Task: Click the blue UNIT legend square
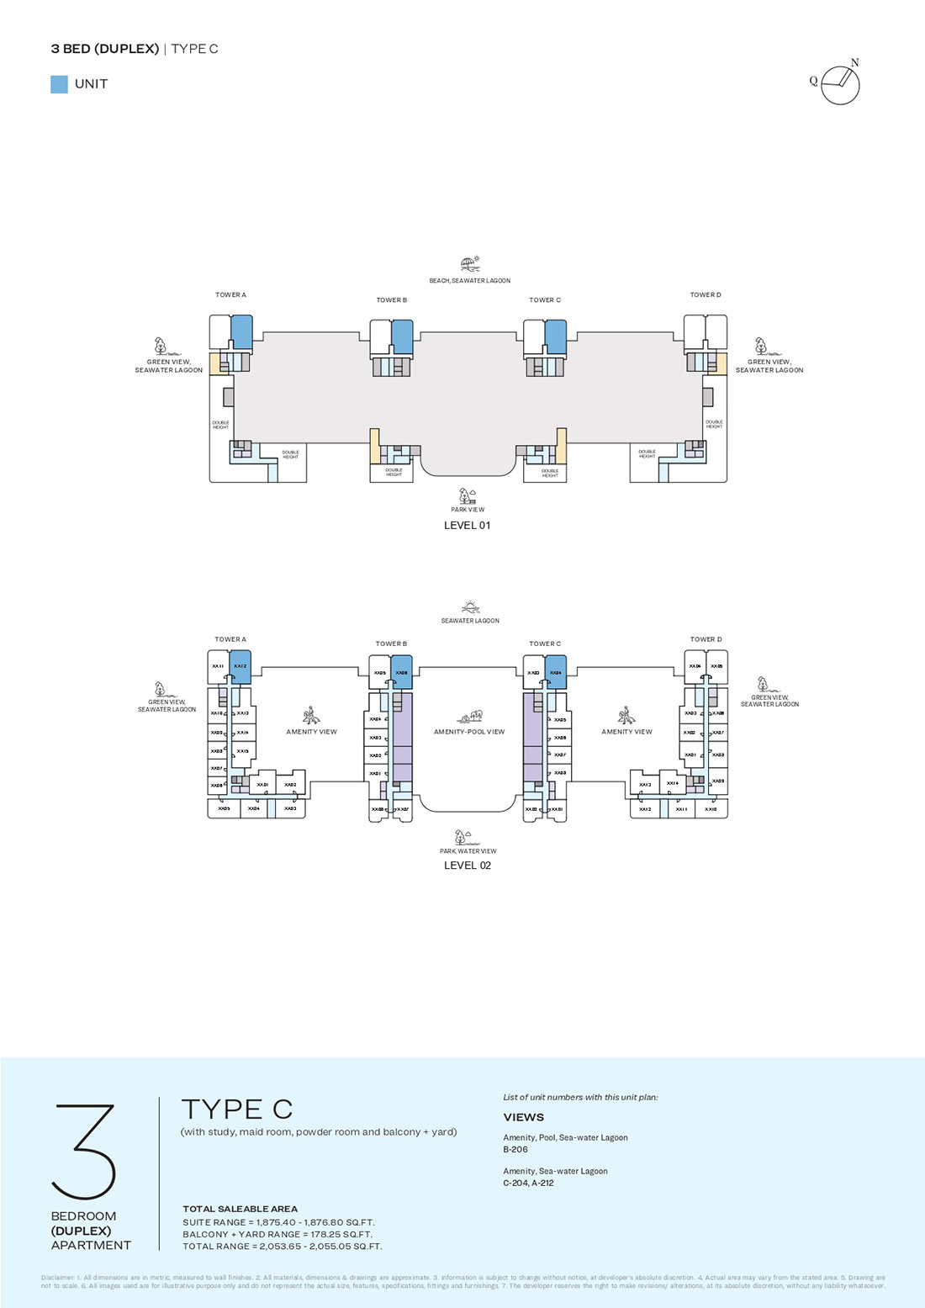[x=59, y=84]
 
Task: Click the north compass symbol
[x=840, y=84]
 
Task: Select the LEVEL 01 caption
[x=467, y=526]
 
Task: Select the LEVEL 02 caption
[x=467, y=866]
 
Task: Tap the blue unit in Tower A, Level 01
[x=241, y=332]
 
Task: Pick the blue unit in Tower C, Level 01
[x=555, y=336]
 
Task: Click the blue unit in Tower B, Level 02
[x=402, y=672]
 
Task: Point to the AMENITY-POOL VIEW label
[x=469, y=732]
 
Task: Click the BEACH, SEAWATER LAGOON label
[x=469, y=281]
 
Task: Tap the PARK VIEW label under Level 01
[x=468, y=510]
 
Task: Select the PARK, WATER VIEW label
[x=468, y=851]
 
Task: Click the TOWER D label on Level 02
[x=706, y=639]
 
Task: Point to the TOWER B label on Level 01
[x=391, y=300]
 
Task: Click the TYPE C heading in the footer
[x=237, y=1109]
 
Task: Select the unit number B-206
[x=515, y=1149]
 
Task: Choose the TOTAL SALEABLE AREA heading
[x=240, y=1209]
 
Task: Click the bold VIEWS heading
[x=523, y=1117]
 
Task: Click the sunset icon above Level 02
[x=470, y=607]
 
